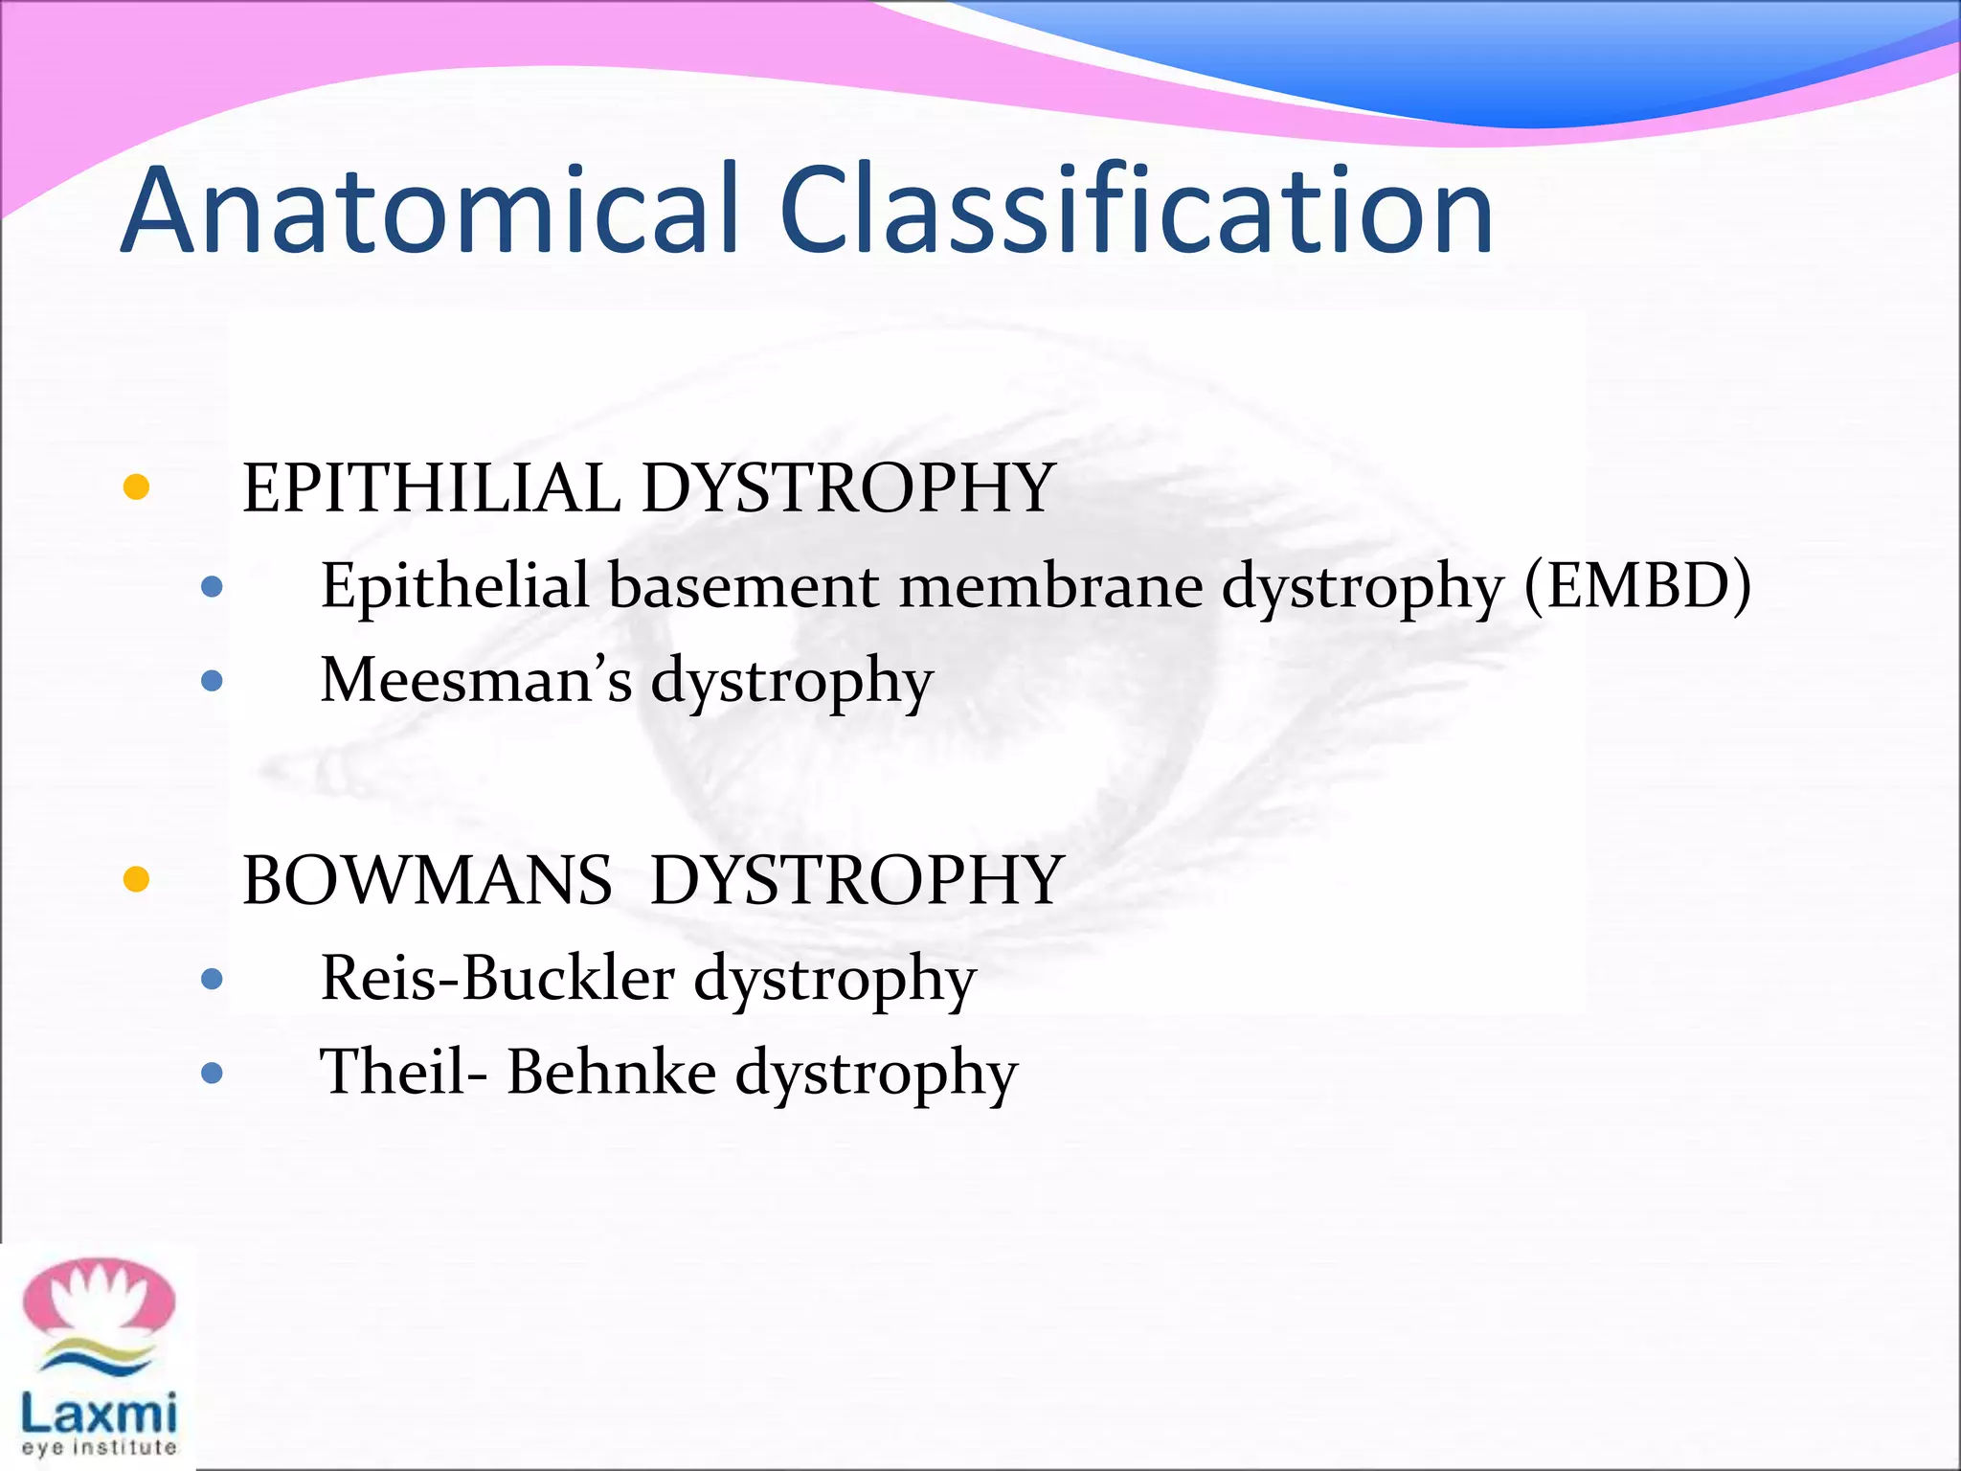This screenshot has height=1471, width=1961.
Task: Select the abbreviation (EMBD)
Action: click(1637, 586)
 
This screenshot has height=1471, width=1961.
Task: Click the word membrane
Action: click(1050, 586)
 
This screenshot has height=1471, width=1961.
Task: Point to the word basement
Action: click(743, 586)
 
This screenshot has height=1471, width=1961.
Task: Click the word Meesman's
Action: click(476, 680)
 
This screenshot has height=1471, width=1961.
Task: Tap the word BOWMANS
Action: click(427, 880)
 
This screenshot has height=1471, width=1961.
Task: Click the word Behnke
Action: click(611, 1073)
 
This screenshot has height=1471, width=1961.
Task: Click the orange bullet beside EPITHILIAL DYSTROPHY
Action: click(137, 487)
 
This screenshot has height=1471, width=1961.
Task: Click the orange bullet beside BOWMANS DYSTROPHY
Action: click(137, 879)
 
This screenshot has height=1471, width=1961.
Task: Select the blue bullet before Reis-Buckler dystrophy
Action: click(213, 980)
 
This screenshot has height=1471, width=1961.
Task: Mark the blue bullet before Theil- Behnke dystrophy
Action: click(213, 1073)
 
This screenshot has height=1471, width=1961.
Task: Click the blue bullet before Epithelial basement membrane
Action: click(213, 587)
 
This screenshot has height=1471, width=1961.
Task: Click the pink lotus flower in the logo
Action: click(99, 1298)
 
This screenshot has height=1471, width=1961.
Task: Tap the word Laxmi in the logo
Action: click(99, 1413)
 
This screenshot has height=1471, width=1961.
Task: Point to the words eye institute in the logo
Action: click(99, 1448)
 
